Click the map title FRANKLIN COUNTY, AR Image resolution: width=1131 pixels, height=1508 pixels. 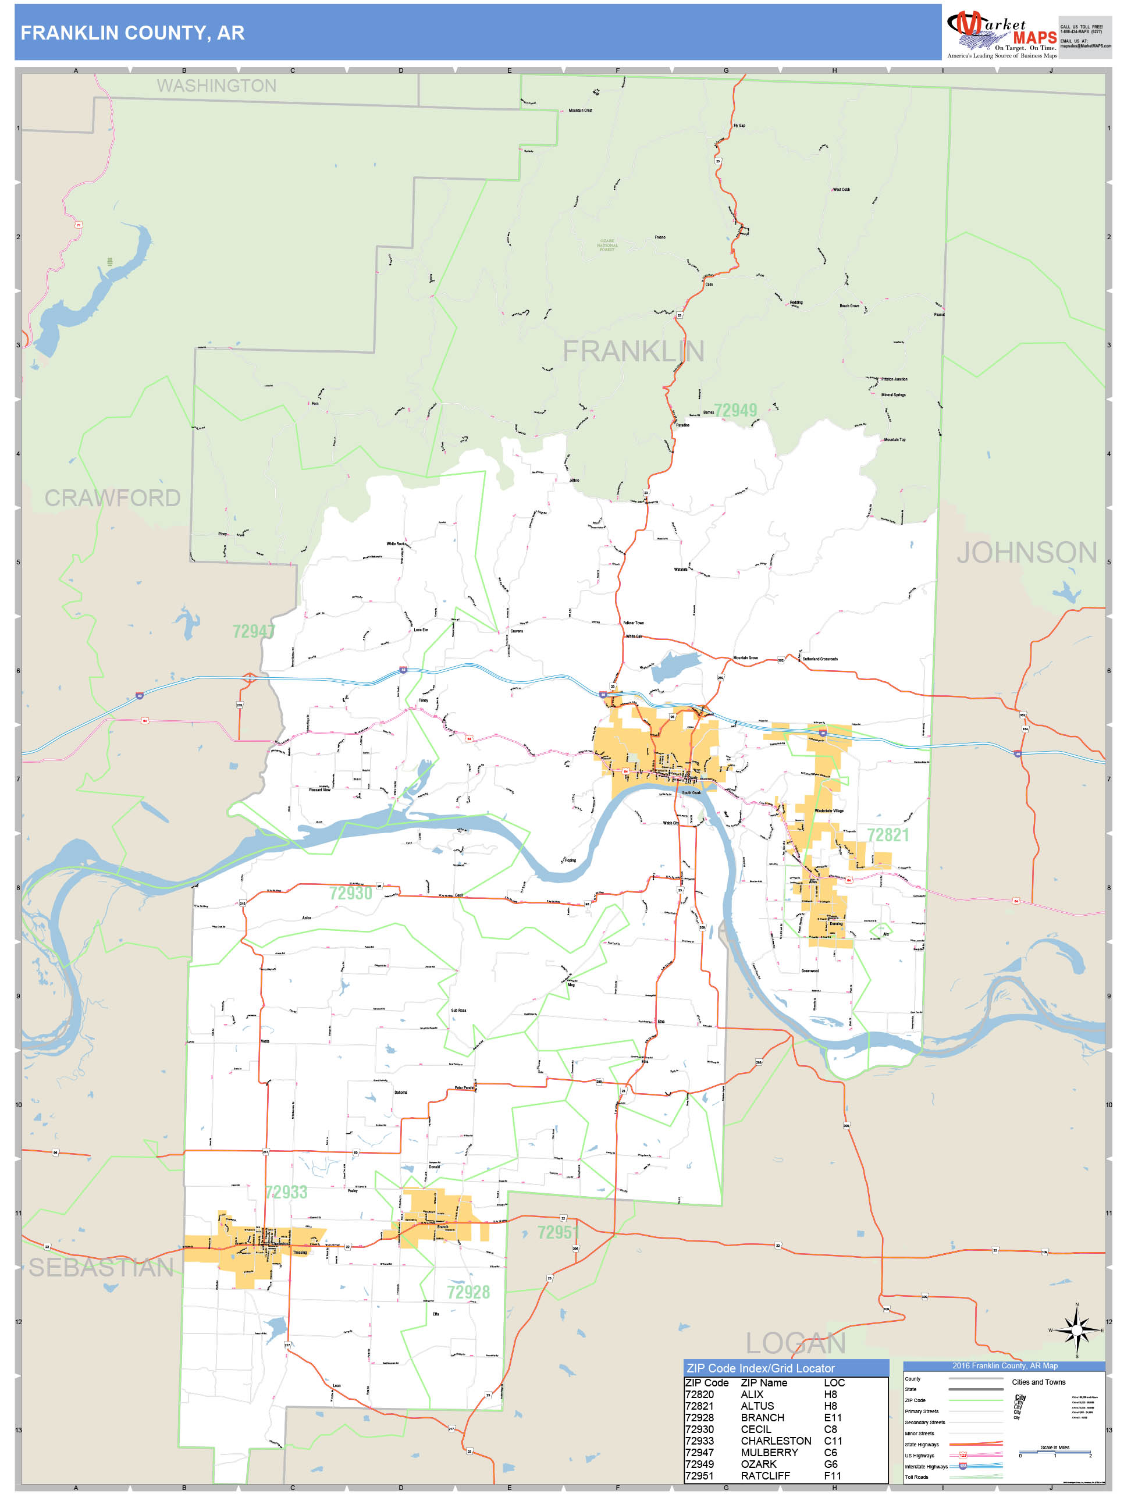[132, 33]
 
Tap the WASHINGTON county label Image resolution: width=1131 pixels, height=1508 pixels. [217, 86]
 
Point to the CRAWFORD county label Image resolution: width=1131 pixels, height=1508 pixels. [112, 499]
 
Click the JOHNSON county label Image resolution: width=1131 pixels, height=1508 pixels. [1027, 553]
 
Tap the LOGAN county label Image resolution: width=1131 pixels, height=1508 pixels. [795, 1344]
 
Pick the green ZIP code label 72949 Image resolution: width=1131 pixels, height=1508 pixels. [735, 410]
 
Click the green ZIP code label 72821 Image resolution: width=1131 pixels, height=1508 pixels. [888, 835]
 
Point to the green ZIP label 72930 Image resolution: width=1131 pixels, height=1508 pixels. [350, 894]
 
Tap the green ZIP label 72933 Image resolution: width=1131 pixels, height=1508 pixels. [286, 1192]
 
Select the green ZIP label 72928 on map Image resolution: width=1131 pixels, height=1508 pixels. [468, 1293]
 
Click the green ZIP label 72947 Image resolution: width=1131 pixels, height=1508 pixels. [253, 632]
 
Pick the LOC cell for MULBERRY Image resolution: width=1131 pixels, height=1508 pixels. [830, 1453]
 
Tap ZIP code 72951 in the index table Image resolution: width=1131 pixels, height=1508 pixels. [699, 1476]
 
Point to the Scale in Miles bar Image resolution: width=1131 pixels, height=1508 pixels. [1055, 1453]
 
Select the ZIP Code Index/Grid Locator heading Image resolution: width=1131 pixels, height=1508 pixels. [760, 1368]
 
